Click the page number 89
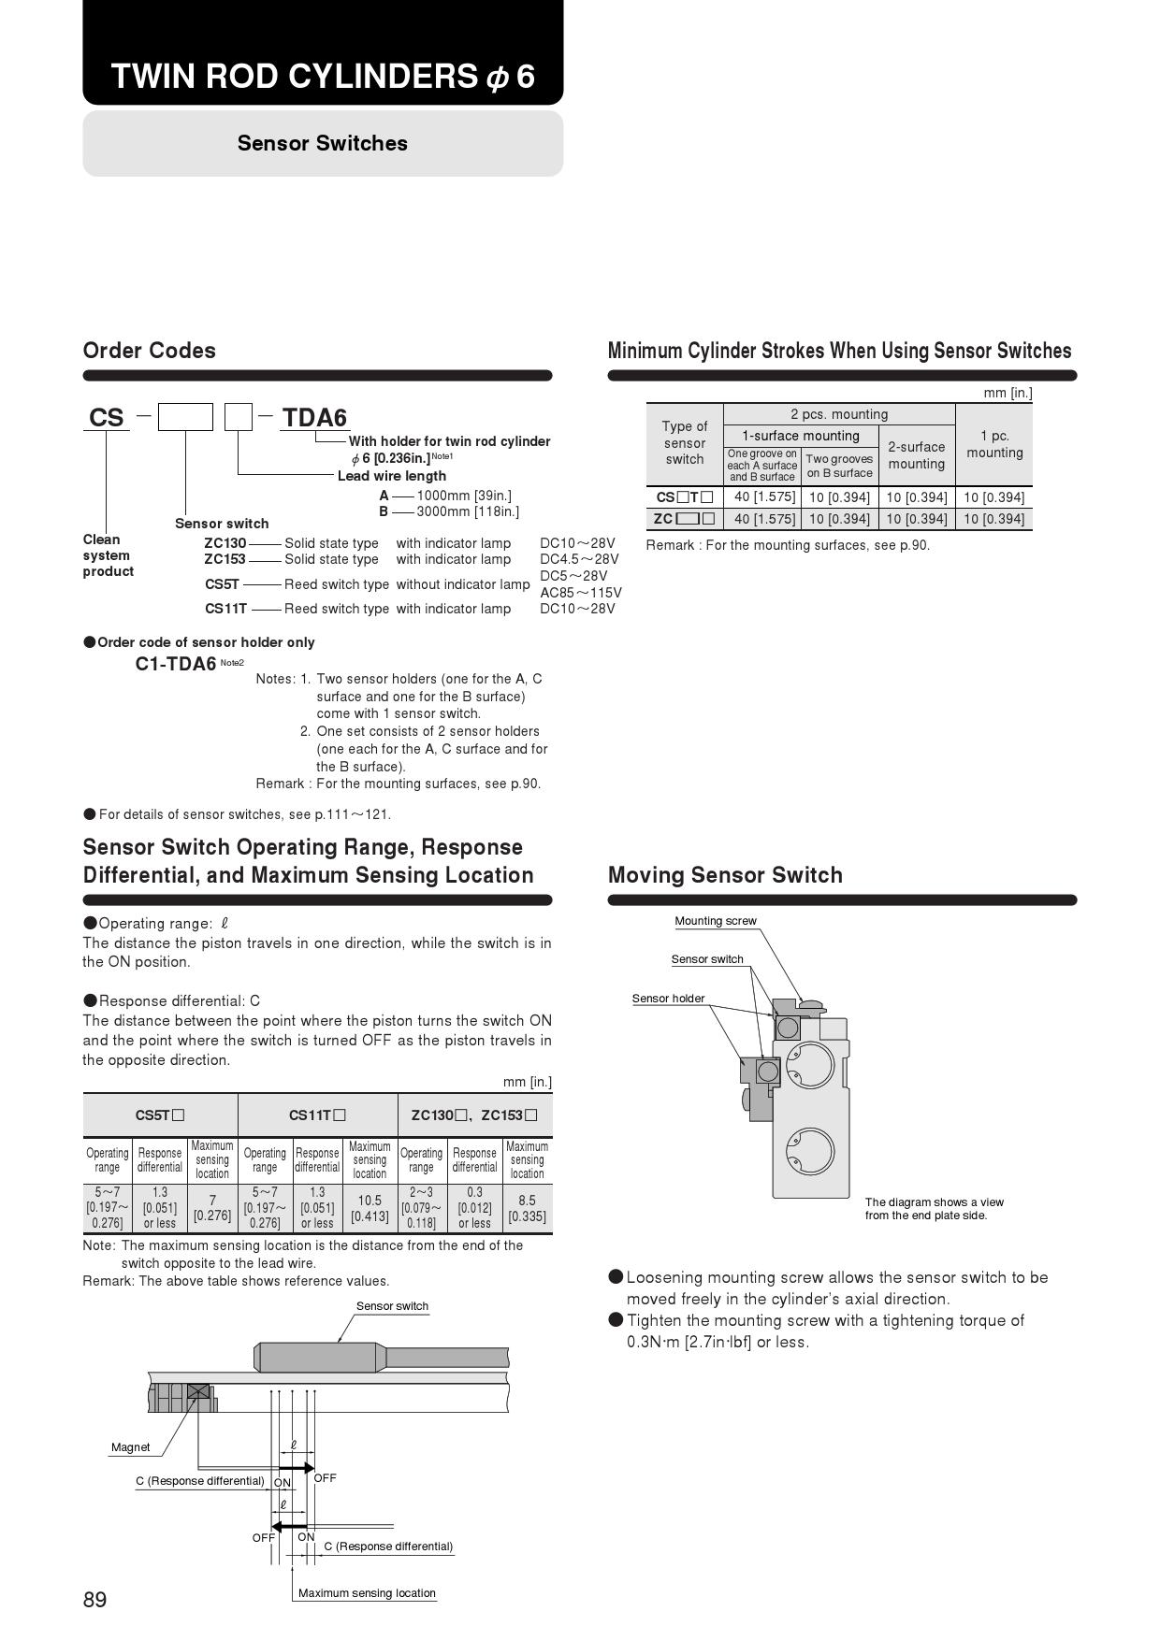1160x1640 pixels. (x=94, y=1600)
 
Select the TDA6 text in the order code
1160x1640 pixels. (x=314, y=418)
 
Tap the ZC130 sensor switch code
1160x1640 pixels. (x=225, y=543)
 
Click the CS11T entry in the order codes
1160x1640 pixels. (x=225, y=609)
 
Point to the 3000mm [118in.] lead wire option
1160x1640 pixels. (x=467, y=511)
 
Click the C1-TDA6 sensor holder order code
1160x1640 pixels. (x=176, y=664)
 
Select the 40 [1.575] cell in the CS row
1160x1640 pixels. (x=764, y=497)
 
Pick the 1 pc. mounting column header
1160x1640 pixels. (x=994, y=444)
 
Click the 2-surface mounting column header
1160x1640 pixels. (x=916, y=455)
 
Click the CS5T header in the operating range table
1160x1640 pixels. (x=160, y=1115)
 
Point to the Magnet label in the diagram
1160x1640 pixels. (x=130, y=1447)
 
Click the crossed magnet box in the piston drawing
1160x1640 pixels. (x=198, y=1390)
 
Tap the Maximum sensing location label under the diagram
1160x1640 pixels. (x=367, y=1593)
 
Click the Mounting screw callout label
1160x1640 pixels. (x=716, y=921)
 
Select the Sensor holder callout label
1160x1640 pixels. (x=668, y=999)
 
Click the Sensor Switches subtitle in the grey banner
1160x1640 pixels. (x=323, y=143)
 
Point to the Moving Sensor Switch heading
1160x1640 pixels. (x=725, y=875)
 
